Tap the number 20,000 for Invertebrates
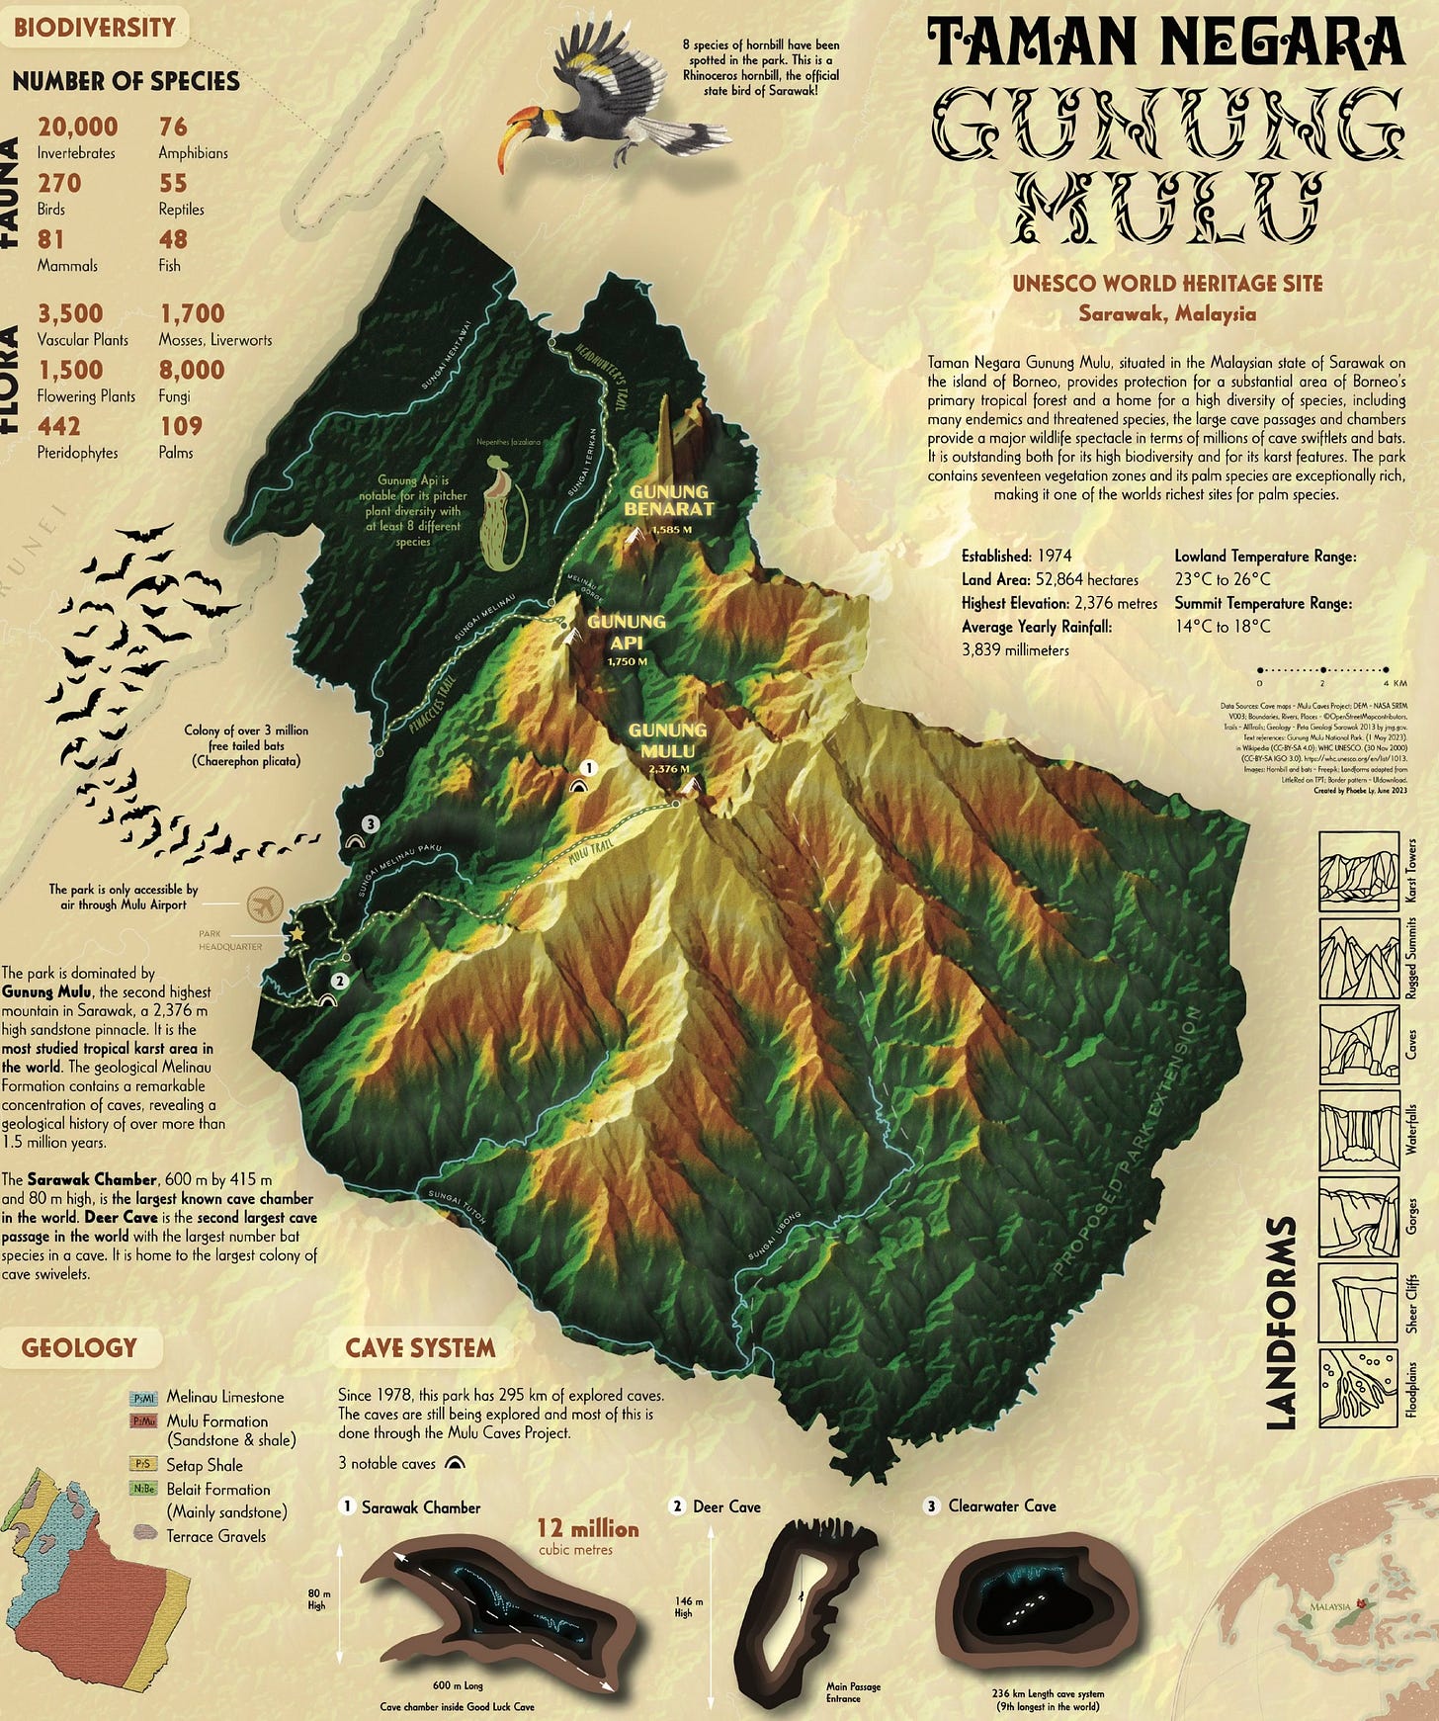pos(77,127)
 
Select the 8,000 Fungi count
pos(192,370)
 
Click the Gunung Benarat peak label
pos(669,501)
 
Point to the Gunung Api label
pos(626,632)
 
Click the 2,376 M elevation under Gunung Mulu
pos(668,768)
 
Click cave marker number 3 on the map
pos(370,822)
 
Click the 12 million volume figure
pos(588,1528)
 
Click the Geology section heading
pos(79,1347)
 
